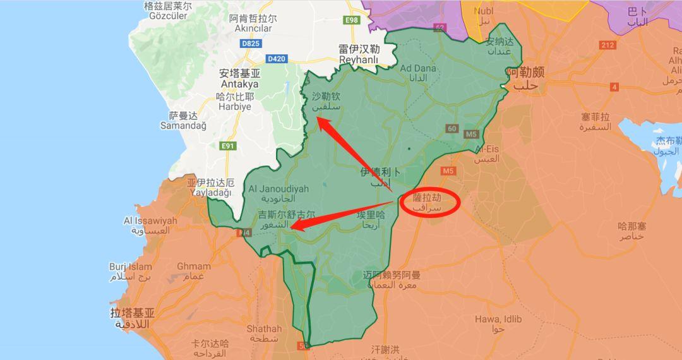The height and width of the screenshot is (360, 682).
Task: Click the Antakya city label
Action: click(239, 79)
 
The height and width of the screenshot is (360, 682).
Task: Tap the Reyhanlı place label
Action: click(359, 55)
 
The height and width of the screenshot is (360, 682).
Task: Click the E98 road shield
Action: click(351, 20)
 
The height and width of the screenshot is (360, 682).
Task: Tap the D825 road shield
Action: click(251, 44)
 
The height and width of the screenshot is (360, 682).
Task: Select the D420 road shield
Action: click(276, 59)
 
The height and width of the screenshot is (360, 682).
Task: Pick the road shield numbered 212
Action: click(607, 45)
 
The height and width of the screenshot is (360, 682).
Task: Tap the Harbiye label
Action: click(234, 102)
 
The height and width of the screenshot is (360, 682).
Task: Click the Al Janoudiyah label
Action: click(278, 193)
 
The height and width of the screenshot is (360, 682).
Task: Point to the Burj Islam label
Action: click(131, 272)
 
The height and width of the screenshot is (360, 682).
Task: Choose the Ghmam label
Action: click(193, 271)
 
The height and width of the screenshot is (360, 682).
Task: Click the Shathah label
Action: click(264, 333)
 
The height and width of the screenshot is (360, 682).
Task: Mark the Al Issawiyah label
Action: click(150, 225)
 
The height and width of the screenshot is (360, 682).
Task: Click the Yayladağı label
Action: click(210, 188)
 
